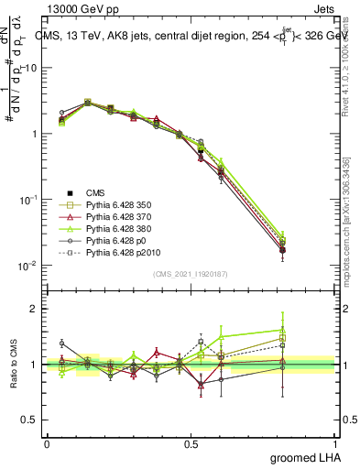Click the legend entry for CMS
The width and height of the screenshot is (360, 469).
pyautogui.click(x=96, y=192)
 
